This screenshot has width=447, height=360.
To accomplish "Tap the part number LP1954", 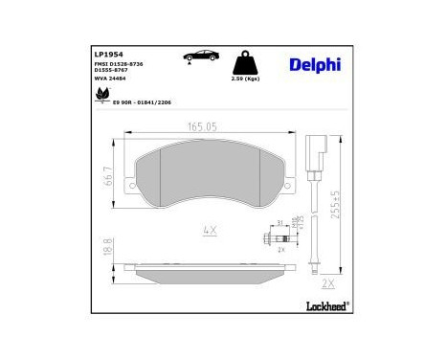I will click(106, 53).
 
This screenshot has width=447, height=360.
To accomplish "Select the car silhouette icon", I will click(197, 56).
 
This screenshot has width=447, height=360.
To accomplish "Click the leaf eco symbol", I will click(101, 94).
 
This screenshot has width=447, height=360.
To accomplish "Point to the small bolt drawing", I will click(267, 240).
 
